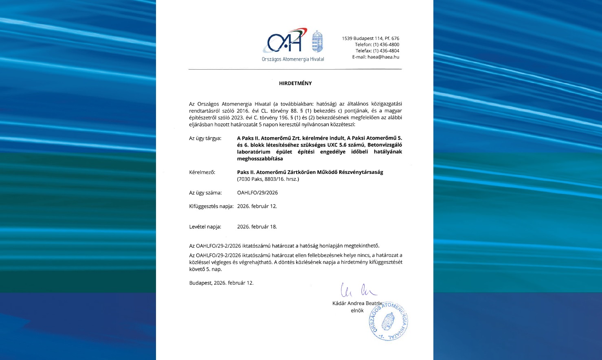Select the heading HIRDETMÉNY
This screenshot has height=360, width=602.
[x=295, y=83]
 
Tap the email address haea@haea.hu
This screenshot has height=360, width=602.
[x=383, y=57]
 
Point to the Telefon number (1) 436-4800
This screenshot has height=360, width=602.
[x=386, y=45]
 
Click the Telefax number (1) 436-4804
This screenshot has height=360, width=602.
[x=386, y=51]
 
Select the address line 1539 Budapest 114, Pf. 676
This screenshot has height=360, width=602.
[x=370, y=39]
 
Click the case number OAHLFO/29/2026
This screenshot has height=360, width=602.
[x=257, y=193]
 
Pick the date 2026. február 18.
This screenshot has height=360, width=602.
[x=257, y=227]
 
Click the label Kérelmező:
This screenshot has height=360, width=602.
[x=202, y=172]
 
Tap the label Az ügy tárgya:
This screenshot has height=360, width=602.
[x=205, y=138]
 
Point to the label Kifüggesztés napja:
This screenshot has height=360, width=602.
[x=211, y=206]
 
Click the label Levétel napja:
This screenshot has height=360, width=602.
[x=205, y=227]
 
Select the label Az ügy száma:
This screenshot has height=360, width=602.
[x=205, y=193]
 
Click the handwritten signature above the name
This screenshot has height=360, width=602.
[x=358, y=290]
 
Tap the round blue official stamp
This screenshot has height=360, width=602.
[x=389, y=322]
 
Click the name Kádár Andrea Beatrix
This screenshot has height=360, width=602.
[x=357, y=303]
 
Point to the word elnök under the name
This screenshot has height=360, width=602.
[x=357, y=311]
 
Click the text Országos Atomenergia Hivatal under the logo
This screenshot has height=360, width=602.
[x=293, y=59]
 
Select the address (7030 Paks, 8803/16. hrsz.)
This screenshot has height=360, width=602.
[x=268, y=179]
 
